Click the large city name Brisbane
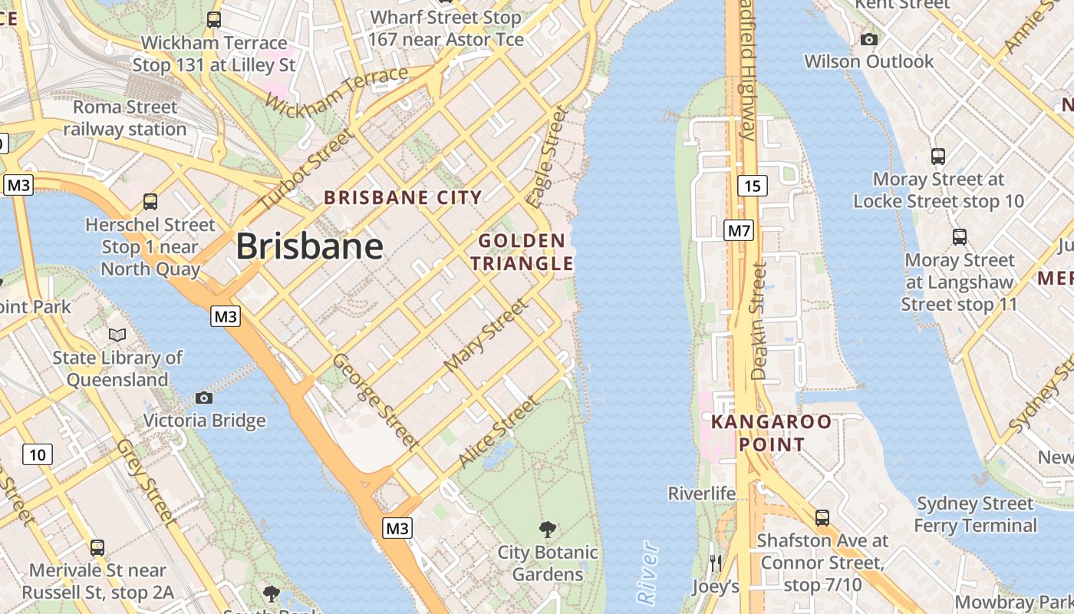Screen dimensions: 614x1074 [x=309, y=246]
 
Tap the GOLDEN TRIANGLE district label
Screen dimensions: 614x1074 [x=522, y=253]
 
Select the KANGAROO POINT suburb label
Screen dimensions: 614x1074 [x=771, y=433]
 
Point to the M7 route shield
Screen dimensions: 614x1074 [x=740, y=229]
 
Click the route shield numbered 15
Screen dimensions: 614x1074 [x=752, y=185]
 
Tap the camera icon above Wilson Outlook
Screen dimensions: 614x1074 [x=869, y=39]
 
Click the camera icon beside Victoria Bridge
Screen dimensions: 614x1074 [x=203, y=398]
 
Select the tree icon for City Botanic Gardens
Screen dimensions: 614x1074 [x=547, y=529]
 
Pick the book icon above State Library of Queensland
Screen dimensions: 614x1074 [x=117, y=335]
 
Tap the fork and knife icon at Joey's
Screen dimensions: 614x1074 [x=715, y=563]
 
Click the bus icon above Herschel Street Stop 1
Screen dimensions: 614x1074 [x=150, y=202]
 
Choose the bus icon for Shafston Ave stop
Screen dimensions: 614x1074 [x=822, y=518]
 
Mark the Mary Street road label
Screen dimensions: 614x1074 [x=487, y=335]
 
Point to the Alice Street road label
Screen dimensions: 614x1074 [x=498, y=432]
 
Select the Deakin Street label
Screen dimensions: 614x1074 [x=759, y=321]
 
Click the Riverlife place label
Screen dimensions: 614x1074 [x=701, y=494]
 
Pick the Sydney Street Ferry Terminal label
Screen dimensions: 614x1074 [x=975, y=514]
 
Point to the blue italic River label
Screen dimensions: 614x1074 [x=649, y=572]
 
